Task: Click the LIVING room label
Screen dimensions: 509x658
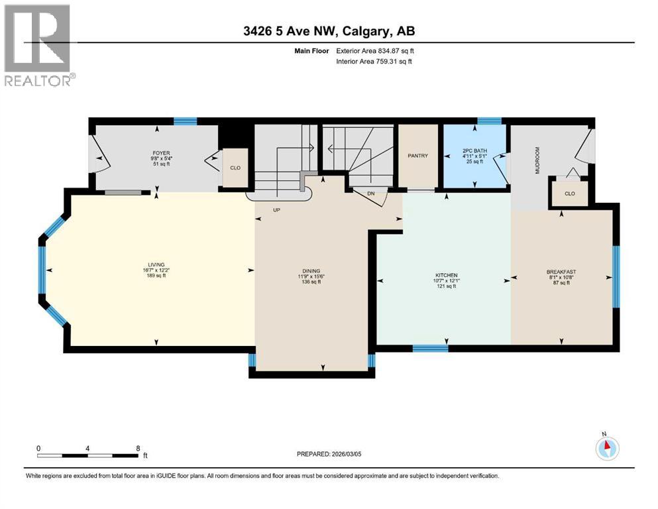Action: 156,264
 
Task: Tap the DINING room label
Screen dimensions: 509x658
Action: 311,270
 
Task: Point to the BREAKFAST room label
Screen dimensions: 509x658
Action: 561,272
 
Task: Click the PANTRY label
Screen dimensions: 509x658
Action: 418,156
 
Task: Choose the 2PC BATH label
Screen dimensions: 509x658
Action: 474,151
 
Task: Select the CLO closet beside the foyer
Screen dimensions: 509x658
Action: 235,168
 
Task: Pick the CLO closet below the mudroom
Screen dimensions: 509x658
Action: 570,194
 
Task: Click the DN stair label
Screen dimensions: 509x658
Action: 371,194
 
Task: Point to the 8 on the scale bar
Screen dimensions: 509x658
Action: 138,448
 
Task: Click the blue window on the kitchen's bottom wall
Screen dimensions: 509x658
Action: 430,348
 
